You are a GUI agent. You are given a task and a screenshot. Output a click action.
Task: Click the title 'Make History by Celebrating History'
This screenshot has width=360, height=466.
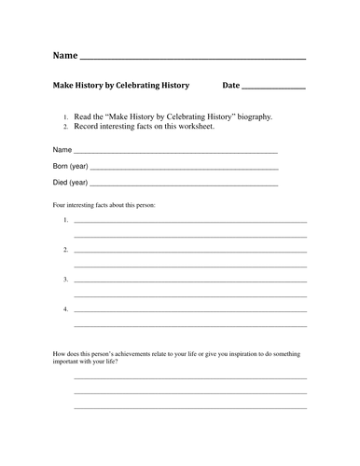(x=120, y=86)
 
